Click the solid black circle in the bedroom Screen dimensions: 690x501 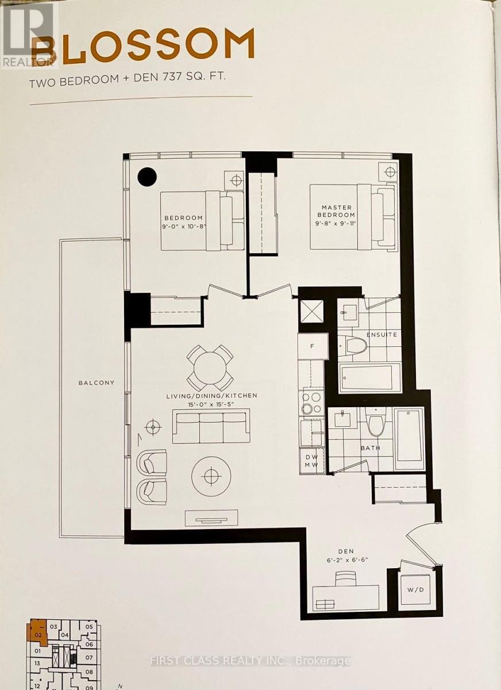tap(147, 176)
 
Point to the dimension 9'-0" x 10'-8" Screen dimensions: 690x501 tap(183, 226)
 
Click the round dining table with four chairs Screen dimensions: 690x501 tap(210, 368)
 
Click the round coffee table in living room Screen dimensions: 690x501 tap(212, 476)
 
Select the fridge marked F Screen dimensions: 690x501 tap(312, 347)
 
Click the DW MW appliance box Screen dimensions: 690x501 tap(312, 460)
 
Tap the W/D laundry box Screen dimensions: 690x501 tap(414, 589)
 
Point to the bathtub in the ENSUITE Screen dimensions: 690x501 tap(369, 378)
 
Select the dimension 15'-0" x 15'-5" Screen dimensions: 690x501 tap(212, 405)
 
